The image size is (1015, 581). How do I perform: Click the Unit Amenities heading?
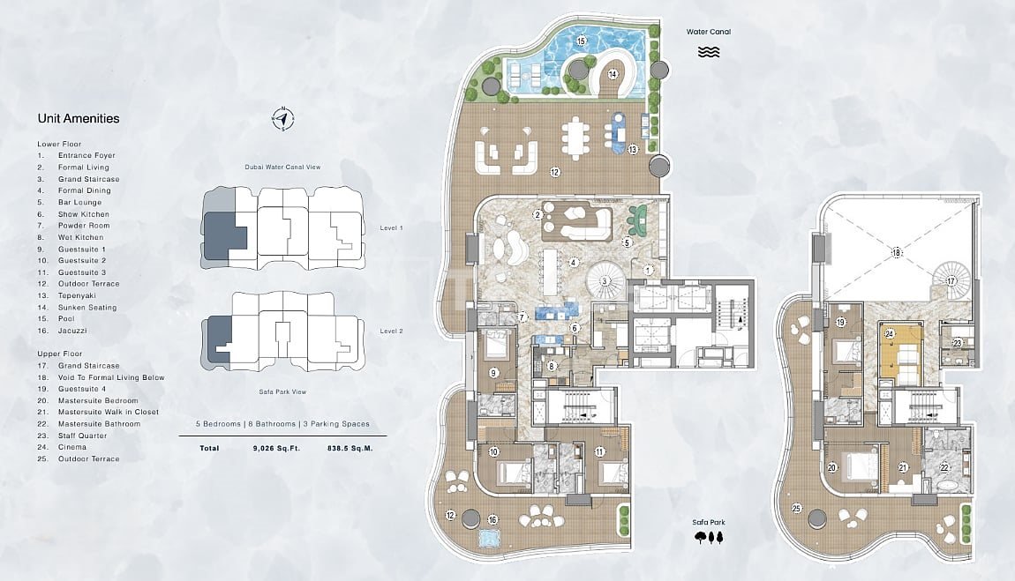tap(79, 118)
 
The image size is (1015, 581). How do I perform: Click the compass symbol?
tap(283, 119)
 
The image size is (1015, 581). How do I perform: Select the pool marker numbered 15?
tap(581, 41)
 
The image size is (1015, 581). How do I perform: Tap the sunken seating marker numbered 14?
tap(613, 74)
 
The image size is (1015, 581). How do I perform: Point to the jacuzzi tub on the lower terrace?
tap(490, 538)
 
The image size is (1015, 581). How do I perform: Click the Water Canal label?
tap(709, 32)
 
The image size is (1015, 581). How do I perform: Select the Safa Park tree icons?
tap(709, 537)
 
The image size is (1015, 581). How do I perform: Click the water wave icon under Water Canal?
tap(709, 52)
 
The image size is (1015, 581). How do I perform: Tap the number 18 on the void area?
tap(897, 253)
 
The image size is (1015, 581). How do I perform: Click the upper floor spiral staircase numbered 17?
tap(951, 280)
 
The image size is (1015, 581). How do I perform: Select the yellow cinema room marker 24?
tap(890, 334)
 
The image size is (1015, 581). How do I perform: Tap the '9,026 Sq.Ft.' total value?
tap(276, 448)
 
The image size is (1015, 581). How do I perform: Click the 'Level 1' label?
tap(392, 228)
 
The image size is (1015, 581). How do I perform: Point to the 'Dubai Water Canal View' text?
tap(283, 167)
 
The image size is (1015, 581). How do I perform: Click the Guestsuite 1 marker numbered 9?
tap(494, 373)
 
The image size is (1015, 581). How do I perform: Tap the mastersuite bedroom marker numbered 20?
tap(831, 468)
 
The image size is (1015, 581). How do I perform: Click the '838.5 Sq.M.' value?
tap(350, 448)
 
